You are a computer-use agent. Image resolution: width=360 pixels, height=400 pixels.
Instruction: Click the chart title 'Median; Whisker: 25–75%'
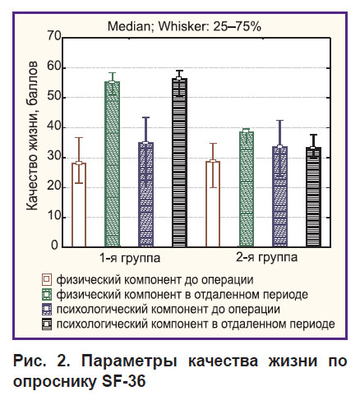(x=184, y=26)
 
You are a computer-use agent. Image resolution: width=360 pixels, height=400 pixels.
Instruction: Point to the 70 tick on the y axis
(x=54, y=36)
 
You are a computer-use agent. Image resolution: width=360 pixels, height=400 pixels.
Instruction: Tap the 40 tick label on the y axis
(x=54, y=126)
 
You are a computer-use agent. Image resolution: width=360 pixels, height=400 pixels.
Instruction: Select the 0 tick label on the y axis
(x=55, y=245)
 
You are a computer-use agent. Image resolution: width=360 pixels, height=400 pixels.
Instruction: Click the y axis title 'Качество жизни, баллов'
(x=32, y=136)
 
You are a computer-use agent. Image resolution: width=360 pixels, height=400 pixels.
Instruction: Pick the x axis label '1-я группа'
(x=130, y=258)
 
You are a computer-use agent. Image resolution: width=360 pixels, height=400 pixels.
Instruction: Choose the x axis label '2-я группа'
(x=267, y=258)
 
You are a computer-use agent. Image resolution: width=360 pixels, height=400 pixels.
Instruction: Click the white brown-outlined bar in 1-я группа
(x=79, y=205)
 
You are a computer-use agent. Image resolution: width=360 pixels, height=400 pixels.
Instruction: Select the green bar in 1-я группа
(x=113, y=164)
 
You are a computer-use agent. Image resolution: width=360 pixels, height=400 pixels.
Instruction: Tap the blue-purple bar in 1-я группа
(x=146, y=195)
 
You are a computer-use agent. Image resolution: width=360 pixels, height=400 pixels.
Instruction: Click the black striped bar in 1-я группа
(x=179, y=163)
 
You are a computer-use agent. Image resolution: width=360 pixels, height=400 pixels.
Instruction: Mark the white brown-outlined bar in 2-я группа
(x=213, y=204)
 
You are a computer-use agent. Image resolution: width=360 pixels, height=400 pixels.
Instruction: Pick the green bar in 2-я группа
(x=247, y=189)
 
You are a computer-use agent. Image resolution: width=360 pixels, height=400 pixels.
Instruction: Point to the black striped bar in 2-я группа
(x=313, y=197)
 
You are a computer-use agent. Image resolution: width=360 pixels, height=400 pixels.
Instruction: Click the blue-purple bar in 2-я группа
(x=280, y=196)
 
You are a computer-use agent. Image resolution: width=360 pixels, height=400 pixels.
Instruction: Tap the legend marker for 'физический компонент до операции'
(x=47, y=280)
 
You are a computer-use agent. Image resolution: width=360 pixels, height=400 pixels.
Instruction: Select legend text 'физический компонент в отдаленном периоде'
(x=182, y=295)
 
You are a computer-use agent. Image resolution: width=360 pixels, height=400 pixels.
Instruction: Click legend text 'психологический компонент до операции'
(x=168, y=310)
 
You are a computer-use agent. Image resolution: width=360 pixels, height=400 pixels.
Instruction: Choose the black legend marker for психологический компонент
(x=47, y=324)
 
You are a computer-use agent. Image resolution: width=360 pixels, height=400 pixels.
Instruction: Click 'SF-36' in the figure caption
(x=124, y=381)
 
